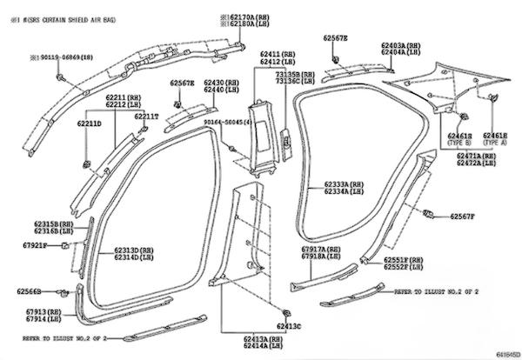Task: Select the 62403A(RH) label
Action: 402,44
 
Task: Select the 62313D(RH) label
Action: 133,250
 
